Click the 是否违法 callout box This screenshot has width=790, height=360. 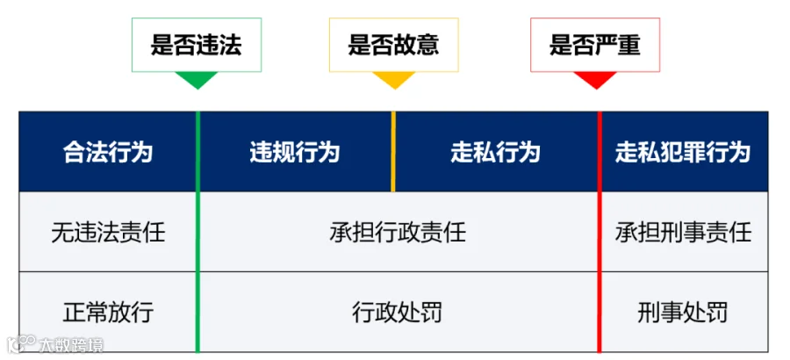pyautogui.click(x=197, y=45)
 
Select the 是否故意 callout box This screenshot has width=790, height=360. pyautogui.click(x=393, y=45)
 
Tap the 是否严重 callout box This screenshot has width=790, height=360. pyautogui.click(x=595, y=45)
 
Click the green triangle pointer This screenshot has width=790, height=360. pyautogui.click(x=197, y=80)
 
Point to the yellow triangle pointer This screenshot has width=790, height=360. pyautogui.click(x=394, y=80)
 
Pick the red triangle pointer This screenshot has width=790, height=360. pyautogui.click(x=595, y=80)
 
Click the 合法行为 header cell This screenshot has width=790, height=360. pyautogui.click(x=107, y=152)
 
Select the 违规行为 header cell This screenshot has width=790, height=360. pyautogui.click(x=295, y=152)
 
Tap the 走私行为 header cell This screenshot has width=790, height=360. pyautogui.click(x=496, y=152)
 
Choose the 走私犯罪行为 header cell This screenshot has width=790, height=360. pyautogui.click(x=685, y=152)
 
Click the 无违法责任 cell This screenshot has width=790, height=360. pyautogui.click(x=107, y=232)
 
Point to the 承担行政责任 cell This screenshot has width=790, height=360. pyautogui.click(x=399, y=232)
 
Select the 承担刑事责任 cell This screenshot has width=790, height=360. pyautogui.click(x=685, y=232)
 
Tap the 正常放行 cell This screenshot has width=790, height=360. pyautogui.click(x=107, y=312)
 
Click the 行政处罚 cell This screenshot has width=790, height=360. pyautogui.click(x=399, y=312)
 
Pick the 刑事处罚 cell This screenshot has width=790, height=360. pyautogui.click(x=685, y=312)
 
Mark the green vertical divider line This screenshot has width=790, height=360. pyautogui.click(x=197, y=232)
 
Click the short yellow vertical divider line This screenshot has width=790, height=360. pyautogui.click(x=393, y=151)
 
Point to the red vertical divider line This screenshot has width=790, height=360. pyautogui.click(x=600, y=232)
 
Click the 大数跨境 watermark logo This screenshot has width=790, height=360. pyautogui.click(x=55, y=344)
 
